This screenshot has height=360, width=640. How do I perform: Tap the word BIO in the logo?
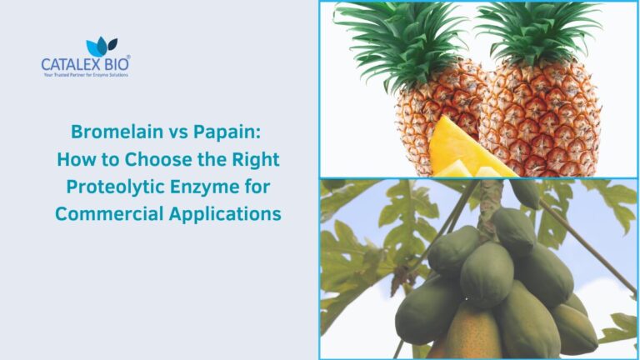tap(116, 63)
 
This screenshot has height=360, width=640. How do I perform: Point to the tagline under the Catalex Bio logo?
tap(85, 75)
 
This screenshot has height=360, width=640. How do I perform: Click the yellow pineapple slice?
tap(467, 150)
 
